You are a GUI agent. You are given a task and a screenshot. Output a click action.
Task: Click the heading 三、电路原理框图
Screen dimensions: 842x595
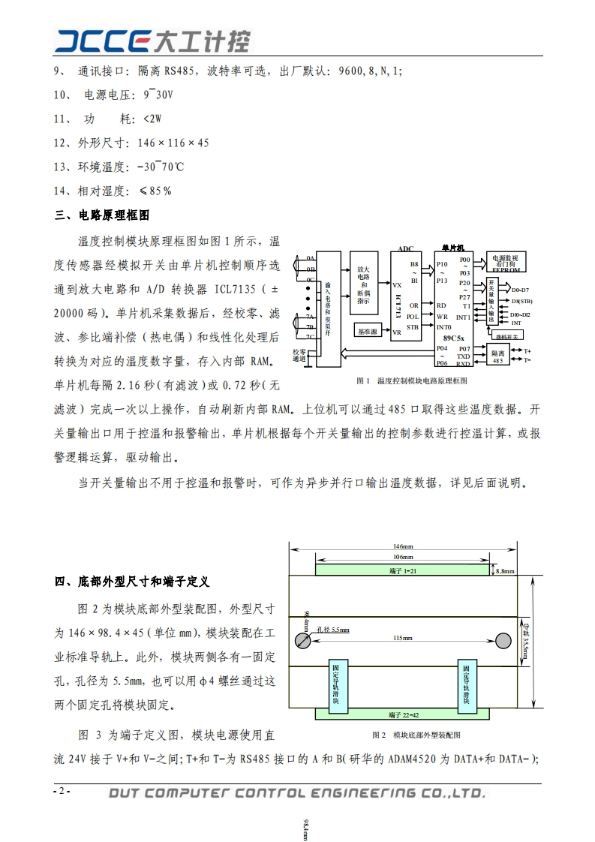pos(103,215)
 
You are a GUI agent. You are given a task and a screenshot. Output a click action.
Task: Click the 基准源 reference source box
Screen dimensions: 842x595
pos(368,331)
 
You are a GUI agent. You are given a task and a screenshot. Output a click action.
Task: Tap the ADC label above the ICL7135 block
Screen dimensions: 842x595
pos(405,248)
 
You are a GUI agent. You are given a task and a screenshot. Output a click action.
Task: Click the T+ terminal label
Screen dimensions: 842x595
pos(527,350)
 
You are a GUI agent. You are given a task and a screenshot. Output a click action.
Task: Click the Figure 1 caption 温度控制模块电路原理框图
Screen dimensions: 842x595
pos(412,380)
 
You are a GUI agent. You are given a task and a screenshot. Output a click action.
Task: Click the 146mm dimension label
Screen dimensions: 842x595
pos(404,546)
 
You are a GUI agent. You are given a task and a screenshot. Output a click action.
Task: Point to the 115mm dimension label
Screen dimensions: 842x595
pos(403,638)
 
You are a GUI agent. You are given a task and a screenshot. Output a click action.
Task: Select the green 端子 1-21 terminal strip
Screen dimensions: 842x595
pos(403,571)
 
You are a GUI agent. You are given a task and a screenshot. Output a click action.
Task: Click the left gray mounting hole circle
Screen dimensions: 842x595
pos(303,640)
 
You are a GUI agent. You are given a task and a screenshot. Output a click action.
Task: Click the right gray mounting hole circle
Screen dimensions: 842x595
pos(503,640)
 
